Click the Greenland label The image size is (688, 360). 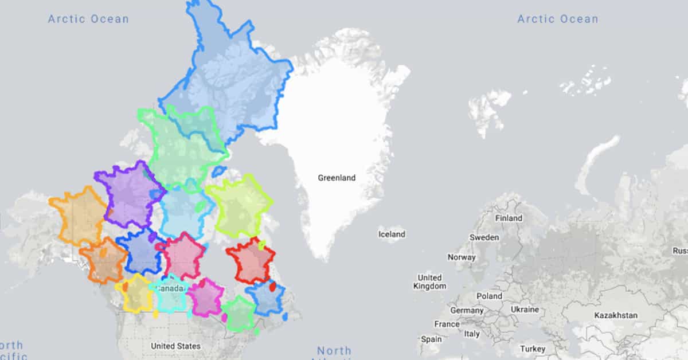pyautogui.click(x=337, y=178)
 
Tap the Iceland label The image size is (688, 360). pyautogui.click(x=392, y=234)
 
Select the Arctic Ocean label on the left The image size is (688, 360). pyautogui.click(x=88, y=19)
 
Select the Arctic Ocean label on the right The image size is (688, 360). pyautogui.click(x=557, y=19)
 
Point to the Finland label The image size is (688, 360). pyautogui.click(x=509, y=218)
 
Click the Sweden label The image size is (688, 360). pyautogui.click(x=484, y=237)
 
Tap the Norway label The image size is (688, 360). pyautogui.click(x=462, y=257)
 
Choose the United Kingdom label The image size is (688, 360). pyautogui.click(x=429, y=281)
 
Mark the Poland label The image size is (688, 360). pyautogui.click(x=489, y=296)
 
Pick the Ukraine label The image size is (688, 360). pyautogui.click(x=525, y=310)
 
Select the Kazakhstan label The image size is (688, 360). pyautogui.click(x=615, y=315)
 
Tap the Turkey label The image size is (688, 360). pyautogui.click(x=533, y=349)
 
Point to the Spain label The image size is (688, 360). pyautogui.click(x=431, y=339)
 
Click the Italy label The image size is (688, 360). pyautogui.click(x=472, y=334)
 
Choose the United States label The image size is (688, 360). pyautogui.click(x=175, y=346)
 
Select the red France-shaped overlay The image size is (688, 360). pyautogui.click(x=250, y=261)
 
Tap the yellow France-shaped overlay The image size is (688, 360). pyautogui.click(x=136, y=293)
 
